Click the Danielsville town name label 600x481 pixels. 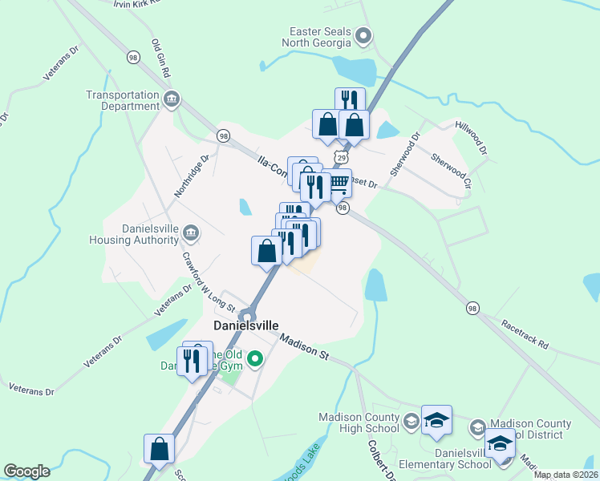click(x=246, y=326)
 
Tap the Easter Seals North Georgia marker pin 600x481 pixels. click(x=363, y=35)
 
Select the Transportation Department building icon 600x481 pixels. click(x=171, y=100)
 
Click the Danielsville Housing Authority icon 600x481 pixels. click(x=191, y=233)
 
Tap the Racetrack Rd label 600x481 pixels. click(x=525, y=335)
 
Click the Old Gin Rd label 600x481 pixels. click(x=161, y=59)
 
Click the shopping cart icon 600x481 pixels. click(x=340, y=183)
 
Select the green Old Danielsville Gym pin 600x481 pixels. click(x=255, y=358)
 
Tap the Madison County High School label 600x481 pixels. click(x=359, y=422)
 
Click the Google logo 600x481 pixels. click(x=26, y=471)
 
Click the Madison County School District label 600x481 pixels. click(x=529, y=429)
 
